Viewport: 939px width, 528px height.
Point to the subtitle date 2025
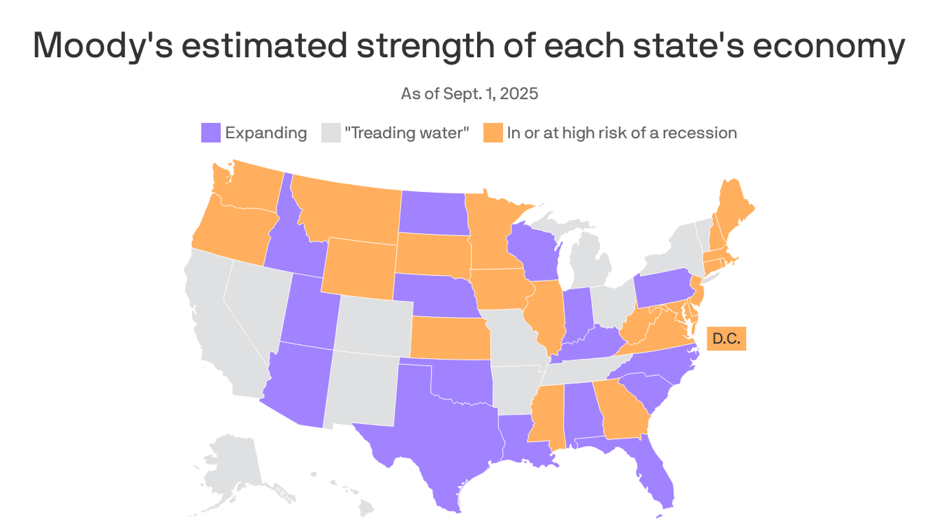click(x=519, y=94)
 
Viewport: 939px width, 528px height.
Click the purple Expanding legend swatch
click(x=210, y=133)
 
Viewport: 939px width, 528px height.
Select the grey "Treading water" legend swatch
click(x=331, y=133)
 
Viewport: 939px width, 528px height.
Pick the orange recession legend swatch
click(x=493, y=133)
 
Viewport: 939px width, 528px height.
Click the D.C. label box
click(x=726, y=338)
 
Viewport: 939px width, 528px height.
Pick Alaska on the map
click(x=230, y=467)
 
